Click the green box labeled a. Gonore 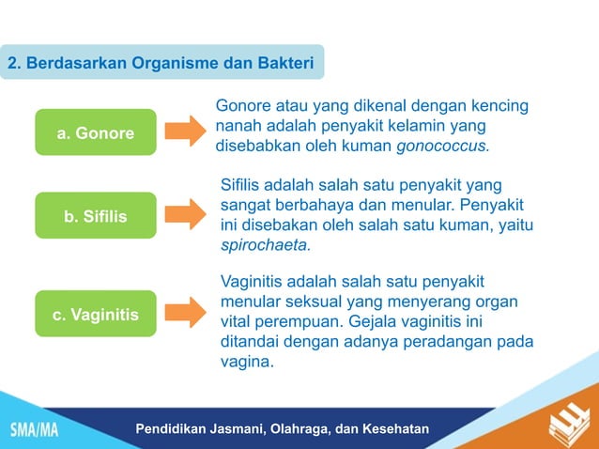[x=95, y=132]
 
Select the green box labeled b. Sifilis [x=95, y=216]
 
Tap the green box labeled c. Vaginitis [x=95, y=314]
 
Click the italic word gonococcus [x=442, y=147]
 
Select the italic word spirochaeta [x=263, y=245]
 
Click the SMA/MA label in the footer [x=34, y=430]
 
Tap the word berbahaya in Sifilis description [x=319, y=204]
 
